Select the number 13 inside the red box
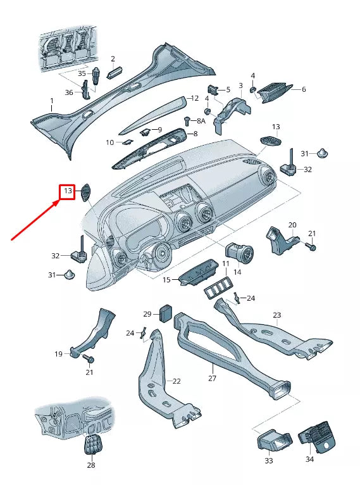67,191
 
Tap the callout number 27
212,378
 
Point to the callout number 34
309,459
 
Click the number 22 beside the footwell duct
177,381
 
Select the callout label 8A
201,120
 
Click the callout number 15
167,280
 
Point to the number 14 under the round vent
237,272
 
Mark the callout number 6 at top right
304,89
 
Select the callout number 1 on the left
52,101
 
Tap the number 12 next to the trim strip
195,98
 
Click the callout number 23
276,315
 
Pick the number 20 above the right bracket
292,225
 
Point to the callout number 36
69,93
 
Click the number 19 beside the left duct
58,354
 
